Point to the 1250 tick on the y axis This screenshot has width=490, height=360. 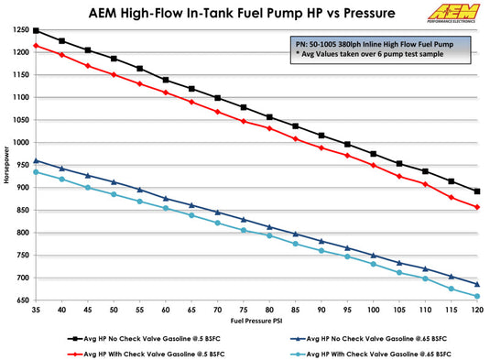tap(20, 30)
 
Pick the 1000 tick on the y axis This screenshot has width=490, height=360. tap(20, 142)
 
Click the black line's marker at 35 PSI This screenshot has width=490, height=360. tap(36, 30)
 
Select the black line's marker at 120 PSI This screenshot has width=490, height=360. tap(477, 191)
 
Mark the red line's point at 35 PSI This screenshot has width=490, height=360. tap(36, 46)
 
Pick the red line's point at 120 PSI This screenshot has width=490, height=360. tap(477, 207)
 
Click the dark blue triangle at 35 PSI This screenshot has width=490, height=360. tap(36, 161)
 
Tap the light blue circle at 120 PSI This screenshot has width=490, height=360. tap(477, 296)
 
